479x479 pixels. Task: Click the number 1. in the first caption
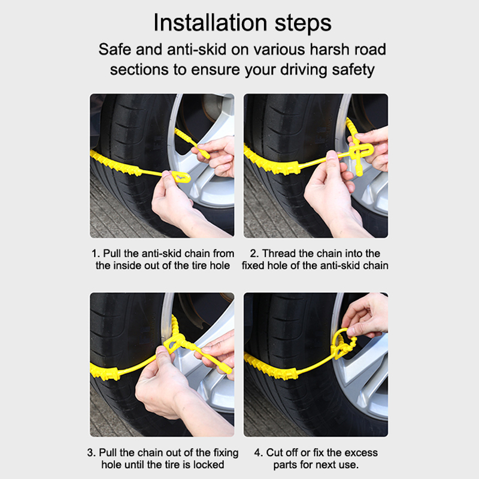click(96, 253)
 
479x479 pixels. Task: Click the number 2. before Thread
click(254, 253)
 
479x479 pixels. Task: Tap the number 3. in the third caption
click(92, 453)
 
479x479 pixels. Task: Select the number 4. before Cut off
click(259, 453)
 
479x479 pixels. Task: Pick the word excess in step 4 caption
click(362, 453)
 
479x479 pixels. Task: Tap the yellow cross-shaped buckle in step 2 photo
click(360, 153)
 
